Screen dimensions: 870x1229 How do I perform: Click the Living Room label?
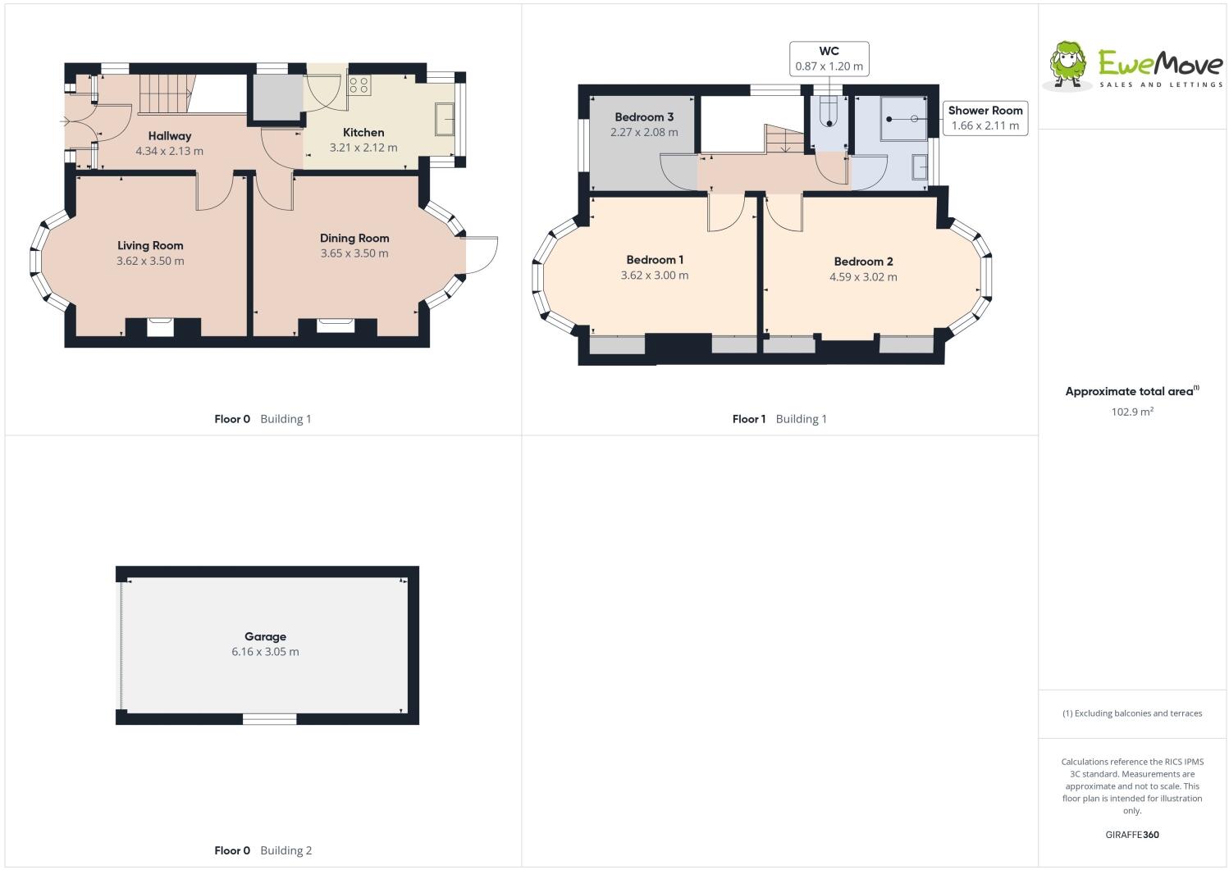[x=150, y=245]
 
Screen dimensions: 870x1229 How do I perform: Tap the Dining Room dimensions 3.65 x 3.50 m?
[x=354, y=253]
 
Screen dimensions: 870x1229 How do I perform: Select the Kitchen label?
[x=363, y=132]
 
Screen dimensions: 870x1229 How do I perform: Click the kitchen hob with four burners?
[x=359, y=84]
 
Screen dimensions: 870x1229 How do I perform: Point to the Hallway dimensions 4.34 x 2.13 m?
[x=169, y=151]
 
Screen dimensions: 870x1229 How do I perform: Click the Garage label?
[x=265, y=636]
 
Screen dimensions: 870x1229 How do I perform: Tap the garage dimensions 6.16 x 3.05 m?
[x=265, y=652]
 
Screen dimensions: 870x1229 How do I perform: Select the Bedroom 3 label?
[x=644, y=116]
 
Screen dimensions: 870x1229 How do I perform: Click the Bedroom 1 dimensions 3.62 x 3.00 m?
[x=655, y=276]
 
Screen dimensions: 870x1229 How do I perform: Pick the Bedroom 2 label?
[x=863, y=262]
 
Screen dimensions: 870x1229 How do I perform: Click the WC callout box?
[x=829, y=58]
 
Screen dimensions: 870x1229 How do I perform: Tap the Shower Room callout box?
[x=985, y=118]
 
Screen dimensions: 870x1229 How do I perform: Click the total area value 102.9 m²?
[x=1132, y=412]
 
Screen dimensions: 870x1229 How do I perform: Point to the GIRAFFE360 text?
[x=1132, y=835]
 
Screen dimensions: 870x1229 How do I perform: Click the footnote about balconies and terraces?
[x=1132, y=713]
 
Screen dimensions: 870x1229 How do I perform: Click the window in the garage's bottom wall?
[x=269, y=719]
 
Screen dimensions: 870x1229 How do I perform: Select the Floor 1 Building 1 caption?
[x=779, y=419]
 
